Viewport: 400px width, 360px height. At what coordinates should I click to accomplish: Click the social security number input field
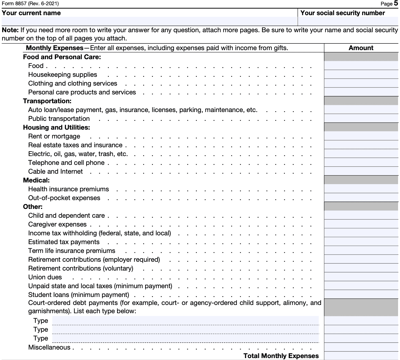coord(348,21)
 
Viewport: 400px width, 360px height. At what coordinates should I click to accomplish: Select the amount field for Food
coord(361,66)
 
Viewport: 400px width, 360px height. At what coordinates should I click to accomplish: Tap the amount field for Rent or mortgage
coord(361,136)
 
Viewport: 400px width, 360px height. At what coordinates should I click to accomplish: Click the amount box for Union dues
coord(361,277)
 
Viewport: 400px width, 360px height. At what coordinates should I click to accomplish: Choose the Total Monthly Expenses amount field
coord(361,356)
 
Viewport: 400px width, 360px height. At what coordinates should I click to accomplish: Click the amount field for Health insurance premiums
coord(361,189)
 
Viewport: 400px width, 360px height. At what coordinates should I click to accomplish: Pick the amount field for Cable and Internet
coord(361,171)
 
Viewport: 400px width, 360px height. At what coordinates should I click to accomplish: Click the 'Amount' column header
coord(361,48)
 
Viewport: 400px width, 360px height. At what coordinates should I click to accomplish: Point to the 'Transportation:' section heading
coord(47,101)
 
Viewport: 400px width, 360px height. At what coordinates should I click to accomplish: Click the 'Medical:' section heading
coord(36,180)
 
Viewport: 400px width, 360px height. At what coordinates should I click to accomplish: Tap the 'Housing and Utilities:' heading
coord(56,127)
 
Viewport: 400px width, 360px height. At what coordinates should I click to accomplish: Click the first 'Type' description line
coord(185,321)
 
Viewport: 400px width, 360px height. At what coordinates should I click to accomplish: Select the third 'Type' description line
coord(185,338)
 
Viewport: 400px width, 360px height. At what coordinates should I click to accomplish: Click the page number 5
coord(396,3)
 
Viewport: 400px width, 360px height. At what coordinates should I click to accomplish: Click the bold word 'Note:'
coord(10,30)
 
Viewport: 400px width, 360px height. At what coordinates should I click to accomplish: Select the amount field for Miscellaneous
coord(361,347)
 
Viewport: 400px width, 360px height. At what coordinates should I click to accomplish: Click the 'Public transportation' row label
coord(59,119)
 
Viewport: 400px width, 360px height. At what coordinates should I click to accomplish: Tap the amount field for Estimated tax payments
coord(361,242)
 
